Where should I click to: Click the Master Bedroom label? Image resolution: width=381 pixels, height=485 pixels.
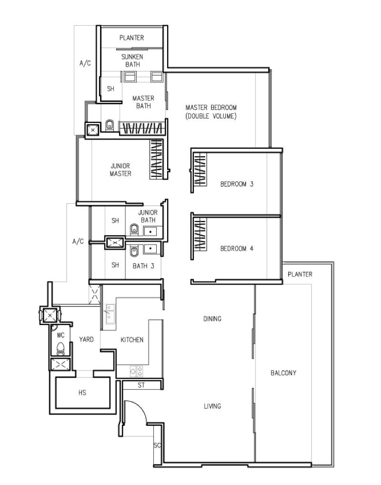point(211,111)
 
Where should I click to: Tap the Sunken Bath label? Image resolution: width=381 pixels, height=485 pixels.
point(132,61)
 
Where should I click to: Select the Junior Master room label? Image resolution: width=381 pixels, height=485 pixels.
point(120,170)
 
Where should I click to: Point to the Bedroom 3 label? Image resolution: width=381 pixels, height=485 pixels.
point(237,184)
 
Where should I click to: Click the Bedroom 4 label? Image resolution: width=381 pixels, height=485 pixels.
point(237,248)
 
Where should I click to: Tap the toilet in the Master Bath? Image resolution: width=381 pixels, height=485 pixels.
point(110,125)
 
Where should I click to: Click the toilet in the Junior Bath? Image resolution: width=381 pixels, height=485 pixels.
point(134,229)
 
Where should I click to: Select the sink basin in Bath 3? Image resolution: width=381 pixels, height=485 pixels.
point(150,248)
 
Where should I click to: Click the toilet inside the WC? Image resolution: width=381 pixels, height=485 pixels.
point(60,348)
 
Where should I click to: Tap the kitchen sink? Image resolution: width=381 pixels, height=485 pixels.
point(110,313)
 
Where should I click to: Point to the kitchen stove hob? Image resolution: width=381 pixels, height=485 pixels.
point(136,371)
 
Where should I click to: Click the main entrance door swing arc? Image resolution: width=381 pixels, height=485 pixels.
point(140,407)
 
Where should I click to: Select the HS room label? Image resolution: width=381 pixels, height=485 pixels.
point(82,393)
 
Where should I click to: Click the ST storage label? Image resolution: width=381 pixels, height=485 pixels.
point(141,385)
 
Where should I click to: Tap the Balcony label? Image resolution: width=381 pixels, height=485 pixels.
point(283,373)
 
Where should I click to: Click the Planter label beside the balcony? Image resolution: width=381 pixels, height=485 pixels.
point(300,274)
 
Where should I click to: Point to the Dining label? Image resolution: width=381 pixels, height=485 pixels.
point(212,319)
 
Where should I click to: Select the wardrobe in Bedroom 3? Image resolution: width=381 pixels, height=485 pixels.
point(200,169)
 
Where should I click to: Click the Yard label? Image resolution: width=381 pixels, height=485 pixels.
point(86,339)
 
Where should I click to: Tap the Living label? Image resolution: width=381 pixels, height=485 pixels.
point(212,406)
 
